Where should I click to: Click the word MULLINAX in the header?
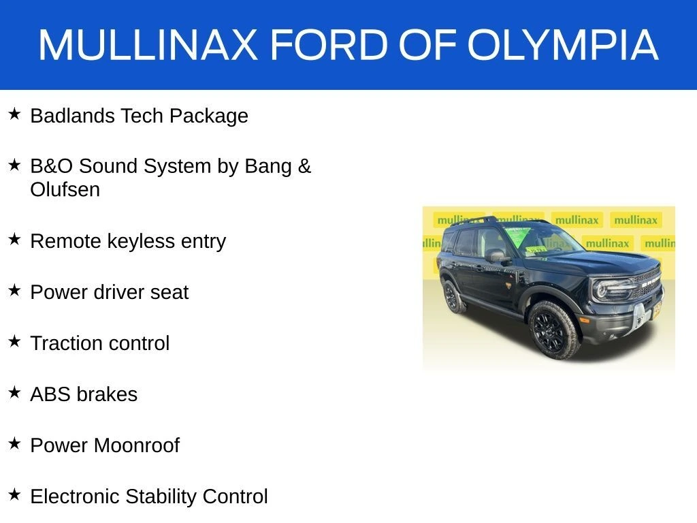point(148,45)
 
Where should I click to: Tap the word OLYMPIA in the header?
point(563,45)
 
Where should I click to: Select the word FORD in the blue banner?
point(329,45)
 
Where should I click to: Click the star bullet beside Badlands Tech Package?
point(14,114)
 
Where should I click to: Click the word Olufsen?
point(65,189)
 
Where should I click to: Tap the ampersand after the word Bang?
point(304,166)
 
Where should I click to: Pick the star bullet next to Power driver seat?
point(14,290)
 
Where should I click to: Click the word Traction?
point(66,343)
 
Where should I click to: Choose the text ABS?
point(48,394)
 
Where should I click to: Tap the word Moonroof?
point(136,445)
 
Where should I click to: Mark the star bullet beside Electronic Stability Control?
point(14,494)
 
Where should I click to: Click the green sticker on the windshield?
point(517,236)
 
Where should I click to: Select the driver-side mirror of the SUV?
point(496,256)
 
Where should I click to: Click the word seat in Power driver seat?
point(169,293)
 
